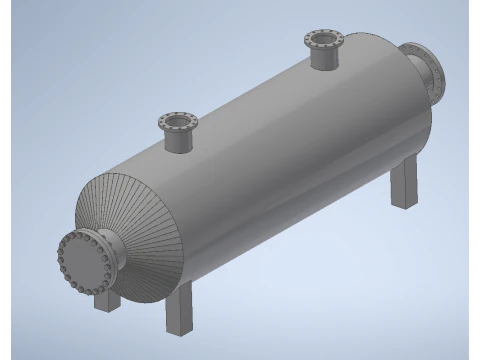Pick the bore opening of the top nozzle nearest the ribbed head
tap(178, 123)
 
